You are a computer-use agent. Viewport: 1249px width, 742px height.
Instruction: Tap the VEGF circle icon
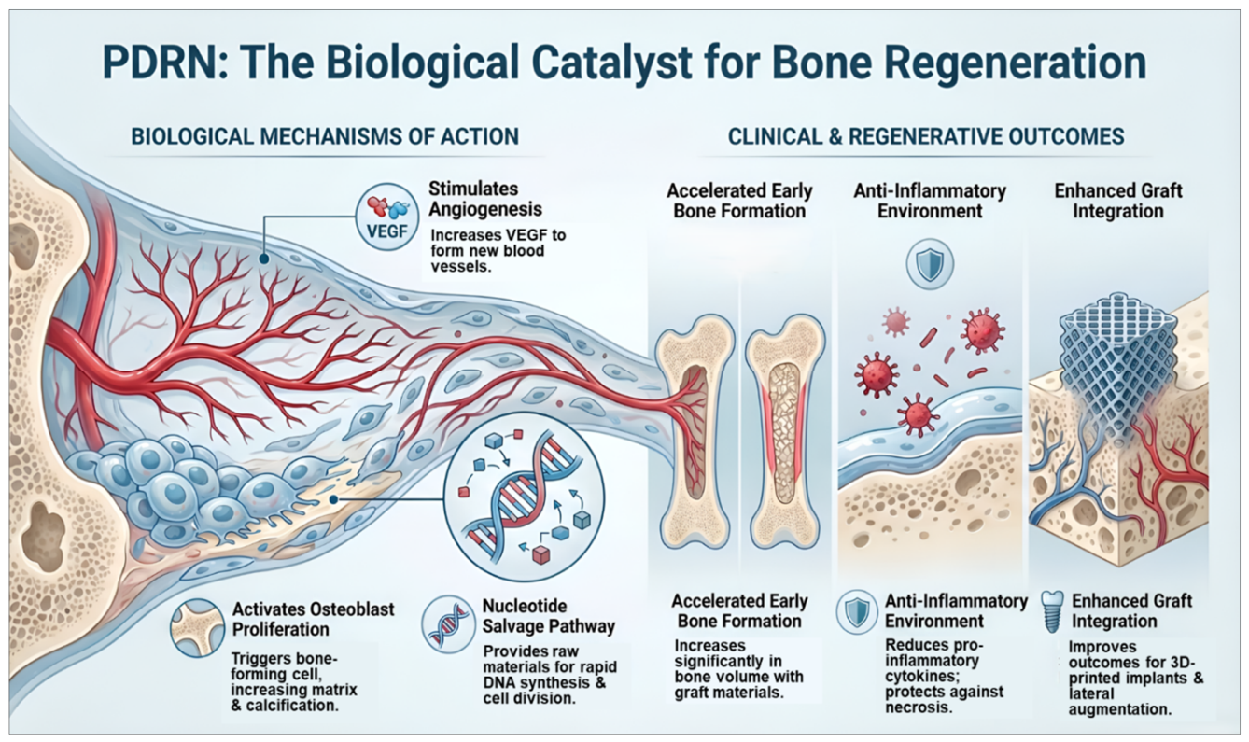(x=387, y=217)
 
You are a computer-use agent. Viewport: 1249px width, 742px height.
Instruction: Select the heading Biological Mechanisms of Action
(x=325, y=136)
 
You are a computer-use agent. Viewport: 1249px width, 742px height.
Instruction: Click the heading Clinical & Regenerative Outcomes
(x=926, y=136)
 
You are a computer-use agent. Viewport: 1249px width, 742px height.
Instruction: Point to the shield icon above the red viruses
(x=930, y=264)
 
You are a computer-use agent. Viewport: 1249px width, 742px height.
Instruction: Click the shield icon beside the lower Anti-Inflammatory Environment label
(x=856, y=612)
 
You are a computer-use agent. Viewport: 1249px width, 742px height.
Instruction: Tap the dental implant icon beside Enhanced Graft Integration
(x=1052, y=611)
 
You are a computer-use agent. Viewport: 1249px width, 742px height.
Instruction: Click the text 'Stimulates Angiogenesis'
(x=485, y=199)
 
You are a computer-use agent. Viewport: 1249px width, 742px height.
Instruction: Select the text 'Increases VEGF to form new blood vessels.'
(x=498, y=250)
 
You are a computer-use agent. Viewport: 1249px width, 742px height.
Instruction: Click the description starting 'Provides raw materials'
(x=550, y=675)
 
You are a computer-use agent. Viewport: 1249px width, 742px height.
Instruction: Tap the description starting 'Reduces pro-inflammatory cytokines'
(x=944, y=677)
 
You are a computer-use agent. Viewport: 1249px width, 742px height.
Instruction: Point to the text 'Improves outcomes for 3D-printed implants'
(x=1136, y=678)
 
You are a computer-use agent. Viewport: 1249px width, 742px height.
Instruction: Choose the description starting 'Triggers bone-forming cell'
(x=294, y=681)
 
